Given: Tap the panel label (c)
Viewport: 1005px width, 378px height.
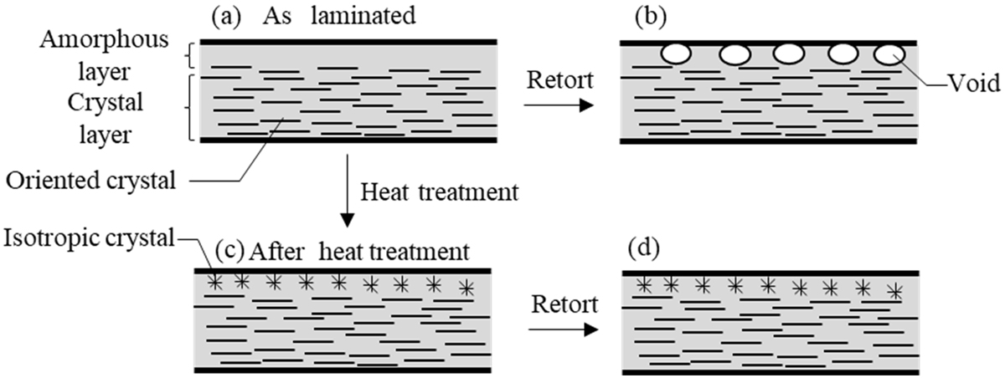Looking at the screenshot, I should [x=229, y=250].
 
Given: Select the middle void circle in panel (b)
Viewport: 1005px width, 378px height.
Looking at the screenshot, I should [x=788, y=54].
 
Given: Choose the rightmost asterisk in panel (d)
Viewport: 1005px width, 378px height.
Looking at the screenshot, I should [x=895, y=291].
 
